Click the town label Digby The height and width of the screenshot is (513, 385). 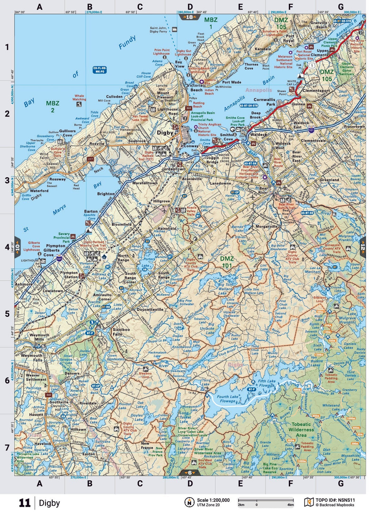point(165,133)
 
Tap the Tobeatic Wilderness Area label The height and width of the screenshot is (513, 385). point(301,430)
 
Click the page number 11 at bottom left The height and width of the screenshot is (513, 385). point(25,503)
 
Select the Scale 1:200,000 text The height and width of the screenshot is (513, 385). point(213,500)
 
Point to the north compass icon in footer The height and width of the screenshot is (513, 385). point(189,502)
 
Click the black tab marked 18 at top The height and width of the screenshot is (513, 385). point(189,17)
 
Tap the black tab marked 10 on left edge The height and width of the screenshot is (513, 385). point(17,247)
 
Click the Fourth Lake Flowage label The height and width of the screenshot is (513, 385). point(228,399)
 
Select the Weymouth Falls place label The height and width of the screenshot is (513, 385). point(31,358)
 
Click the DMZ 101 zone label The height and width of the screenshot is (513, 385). point(227,262)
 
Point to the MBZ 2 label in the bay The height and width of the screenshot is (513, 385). point(53,107)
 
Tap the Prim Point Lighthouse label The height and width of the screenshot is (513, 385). point(162,52)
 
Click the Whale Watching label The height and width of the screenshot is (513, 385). point(79,97)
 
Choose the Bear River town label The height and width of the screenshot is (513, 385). point(263,190)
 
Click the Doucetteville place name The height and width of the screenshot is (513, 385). point(150,309)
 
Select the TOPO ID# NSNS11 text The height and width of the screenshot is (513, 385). point(335,500)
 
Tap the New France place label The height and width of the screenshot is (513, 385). point(147,445)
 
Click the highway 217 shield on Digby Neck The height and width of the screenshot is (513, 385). point(90,159)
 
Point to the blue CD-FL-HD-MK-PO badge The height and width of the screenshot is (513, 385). point(100,70)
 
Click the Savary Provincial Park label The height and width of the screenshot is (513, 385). point(62,237)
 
